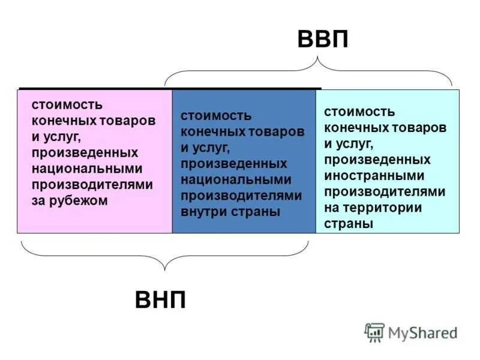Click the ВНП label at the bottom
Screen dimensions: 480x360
click(x=160, y=298)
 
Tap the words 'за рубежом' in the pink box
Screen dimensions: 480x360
click(x=70, y=201)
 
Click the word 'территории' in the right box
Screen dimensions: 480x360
click(x=391, y=208)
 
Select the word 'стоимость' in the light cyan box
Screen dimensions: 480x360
click(x=359, y=112)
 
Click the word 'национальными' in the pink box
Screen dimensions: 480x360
click(x=87, y=169)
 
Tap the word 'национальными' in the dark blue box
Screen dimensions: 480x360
click(x=236, y=179)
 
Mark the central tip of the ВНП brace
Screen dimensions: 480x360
click(x=165, y=269)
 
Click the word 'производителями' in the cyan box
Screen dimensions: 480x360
click(x=385, y=192)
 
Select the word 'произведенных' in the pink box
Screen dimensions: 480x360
click(x=86, y=152)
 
